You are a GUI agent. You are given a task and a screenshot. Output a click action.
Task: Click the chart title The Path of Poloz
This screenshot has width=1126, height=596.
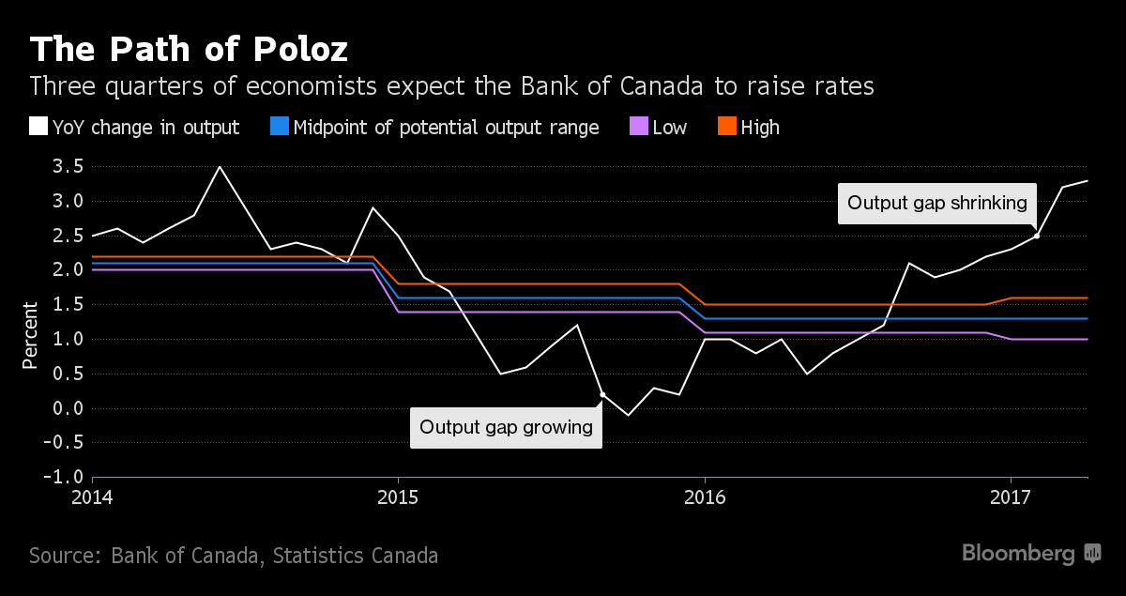(189, 48)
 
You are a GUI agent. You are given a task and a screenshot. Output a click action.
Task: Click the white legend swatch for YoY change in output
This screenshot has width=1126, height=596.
(38, 127)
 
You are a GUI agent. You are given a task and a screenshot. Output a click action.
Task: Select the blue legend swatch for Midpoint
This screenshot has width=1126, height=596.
(279, 127)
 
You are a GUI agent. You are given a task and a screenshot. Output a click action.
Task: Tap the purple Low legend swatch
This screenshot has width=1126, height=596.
(637, 127)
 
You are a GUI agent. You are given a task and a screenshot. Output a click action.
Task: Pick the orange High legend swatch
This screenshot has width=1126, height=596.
(725, 127)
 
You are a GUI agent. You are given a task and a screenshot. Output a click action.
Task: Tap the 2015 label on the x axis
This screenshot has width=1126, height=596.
(398, 496)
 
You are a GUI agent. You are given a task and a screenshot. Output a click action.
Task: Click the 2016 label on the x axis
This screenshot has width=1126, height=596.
(705, 496)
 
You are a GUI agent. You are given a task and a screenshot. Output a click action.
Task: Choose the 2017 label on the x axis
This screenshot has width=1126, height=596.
(1012, 496)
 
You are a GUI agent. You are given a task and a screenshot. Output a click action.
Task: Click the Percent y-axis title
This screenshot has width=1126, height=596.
(30, 335)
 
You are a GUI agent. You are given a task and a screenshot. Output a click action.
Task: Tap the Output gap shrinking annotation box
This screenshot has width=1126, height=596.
(937, 203)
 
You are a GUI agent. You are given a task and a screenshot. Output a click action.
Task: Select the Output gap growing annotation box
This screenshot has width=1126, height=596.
(506, 427)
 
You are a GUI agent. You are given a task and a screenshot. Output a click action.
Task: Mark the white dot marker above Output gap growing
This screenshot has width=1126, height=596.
(602, 395)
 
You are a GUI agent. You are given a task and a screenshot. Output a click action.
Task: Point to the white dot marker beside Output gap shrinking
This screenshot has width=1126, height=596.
(1037, 236)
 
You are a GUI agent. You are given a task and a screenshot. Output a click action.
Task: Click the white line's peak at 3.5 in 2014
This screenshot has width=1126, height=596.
(220, 167)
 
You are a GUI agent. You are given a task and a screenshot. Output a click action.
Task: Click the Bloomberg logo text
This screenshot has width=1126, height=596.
(1018, 554)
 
